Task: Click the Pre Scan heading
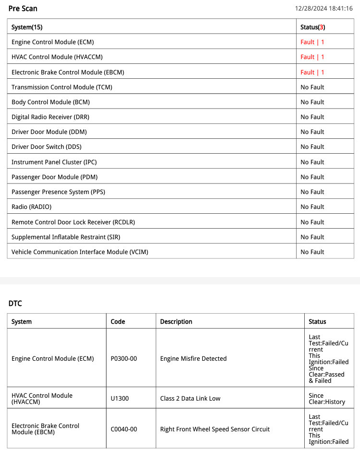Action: click(23, 9)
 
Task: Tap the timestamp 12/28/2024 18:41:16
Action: click(324, 9)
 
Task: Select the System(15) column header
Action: click(27, 27)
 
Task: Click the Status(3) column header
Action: click(312, 27)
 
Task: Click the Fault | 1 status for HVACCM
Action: click(312, 57)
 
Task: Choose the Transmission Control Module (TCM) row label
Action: click(62, 87)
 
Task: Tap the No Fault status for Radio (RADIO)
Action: click(312, 207)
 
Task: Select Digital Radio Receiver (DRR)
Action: click(50, 117)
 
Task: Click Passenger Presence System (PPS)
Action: click(58, 192)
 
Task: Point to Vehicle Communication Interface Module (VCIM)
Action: click(80, 252)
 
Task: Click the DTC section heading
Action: click(15, 304)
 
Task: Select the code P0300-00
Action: click(124, 358)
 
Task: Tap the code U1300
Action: click(120, 399)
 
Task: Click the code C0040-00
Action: click(124, 429)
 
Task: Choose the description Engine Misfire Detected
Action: click(193, 358)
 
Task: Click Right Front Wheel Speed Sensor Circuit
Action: click(215, 429)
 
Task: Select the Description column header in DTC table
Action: click(176, 322)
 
